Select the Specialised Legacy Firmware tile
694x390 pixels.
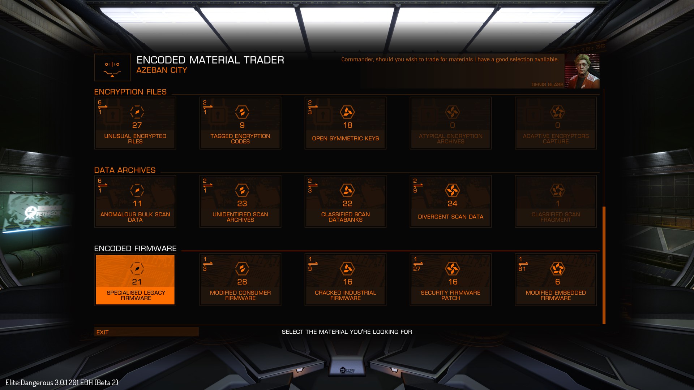pos(135,279)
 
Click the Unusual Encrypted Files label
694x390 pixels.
pos(135,139)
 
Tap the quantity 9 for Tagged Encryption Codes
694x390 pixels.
pos(242,125)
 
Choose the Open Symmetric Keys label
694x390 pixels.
pos(345,138)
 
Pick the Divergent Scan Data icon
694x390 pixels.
pos(452,190)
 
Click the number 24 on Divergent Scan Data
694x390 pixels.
pos(452,204)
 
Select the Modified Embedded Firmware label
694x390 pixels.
pos(556,295)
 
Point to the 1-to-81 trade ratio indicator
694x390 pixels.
pos(522,264)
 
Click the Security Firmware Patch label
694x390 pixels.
pos(450,295)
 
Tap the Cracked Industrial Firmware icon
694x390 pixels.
pos(347,269)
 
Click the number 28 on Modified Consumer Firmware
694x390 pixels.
pos(242,282)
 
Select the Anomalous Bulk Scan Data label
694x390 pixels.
pos(135,217)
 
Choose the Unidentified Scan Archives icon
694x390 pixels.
pos(242,190)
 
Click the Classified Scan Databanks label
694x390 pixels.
pos(345,217)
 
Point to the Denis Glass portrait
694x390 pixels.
pos(582,71)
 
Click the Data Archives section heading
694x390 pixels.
pos(125,170)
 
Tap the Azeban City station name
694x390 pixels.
pos(162,70)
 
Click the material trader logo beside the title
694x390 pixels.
pos(112,68)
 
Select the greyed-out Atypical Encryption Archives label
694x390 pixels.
pos(450,139)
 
